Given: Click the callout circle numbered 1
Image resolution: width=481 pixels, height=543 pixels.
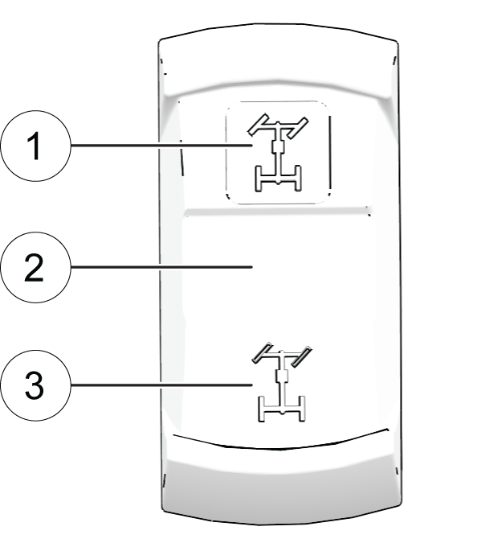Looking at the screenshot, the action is [35, 146].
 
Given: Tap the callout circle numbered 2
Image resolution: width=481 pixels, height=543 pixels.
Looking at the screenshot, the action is [35, 267].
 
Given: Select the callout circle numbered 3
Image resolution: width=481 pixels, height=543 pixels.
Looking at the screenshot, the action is [35, 385].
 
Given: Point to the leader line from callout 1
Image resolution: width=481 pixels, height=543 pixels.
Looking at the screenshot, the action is [162, 146].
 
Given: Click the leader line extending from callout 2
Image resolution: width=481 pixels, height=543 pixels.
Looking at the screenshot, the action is [162, 267].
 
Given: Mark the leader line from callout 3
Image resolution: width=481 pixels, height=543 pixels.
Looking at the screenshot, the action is [162, 385].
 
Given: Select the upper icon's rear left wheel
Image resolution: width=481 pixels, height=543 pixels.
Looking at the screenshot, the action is [258, 179].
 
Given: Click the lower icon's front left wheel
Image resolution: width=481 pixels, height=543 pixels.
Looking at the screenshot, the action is [262, 353].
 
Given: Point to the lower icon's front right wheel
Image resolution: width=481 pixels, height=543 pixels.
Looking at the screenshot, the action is [301, 356].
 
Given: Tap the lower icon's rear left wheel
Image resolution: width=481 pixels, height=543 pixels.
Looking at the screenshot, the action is [262, 409].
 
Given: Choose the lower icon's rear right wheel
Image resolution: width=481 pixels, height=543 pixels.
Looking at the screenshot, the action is [302, 409].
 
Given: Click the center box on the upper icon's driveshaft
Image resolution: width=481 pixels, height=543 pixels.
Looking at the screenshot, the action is [278, 147].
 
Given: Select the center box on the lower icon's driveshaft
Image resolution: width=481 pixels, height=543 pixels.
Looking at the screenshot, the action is [282, 376].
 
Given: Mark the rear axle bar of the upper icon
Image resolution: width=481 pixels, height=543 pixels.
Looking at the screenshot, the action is [278, 179].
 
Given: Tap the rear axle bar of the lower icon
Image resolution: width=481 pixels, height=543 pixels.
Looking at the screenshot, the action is [282, 409].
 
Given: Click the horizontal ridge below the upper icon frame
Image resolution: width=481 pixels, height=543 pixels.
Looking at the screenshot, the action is [277, 212].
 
